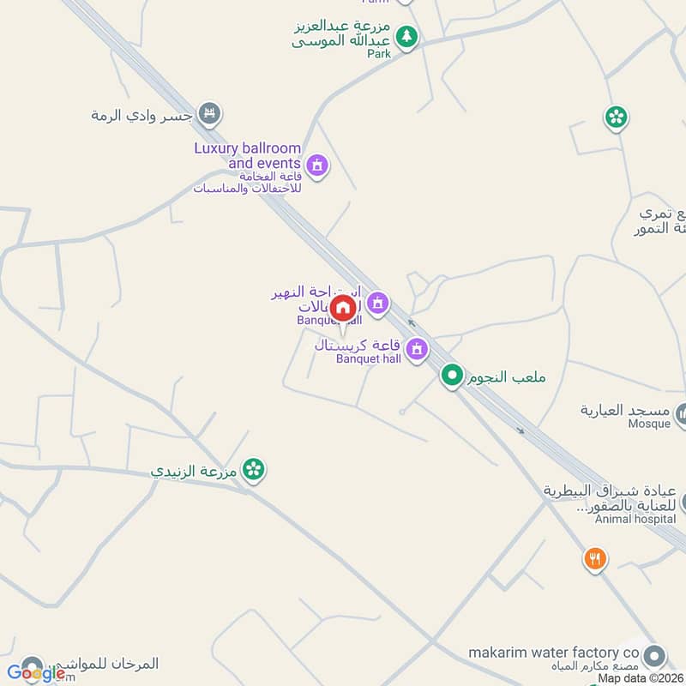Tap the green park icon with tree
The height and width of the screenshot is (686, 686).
click(408, 37)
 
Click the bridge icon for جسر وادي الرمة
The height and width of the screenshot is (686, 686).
click(209, 113)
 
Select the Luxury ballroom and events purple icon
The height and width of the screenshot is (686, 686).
click(317, 164)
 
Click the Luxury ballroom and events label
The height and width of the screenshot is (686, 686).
click(247, 155)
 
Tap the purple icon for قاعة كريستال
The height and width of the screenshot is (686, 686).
click(417, 349)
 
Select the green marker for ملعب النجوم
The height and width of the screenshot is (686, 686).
click(453, 376)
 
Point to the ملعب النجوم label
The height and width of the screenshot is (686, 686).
click(506, 376)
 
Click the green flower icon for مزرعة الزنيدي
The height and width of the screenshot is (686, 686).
click(253, 469)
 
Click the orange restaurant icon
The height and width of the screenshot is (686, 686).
click(595, 559)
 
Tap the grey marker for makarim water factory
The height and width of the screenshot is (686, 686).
click(655, 657)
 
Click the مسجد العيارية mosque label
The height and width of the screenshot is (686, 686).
click(625, 411)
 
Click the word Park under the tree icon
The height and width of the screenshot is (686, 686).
click(379, 53)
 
